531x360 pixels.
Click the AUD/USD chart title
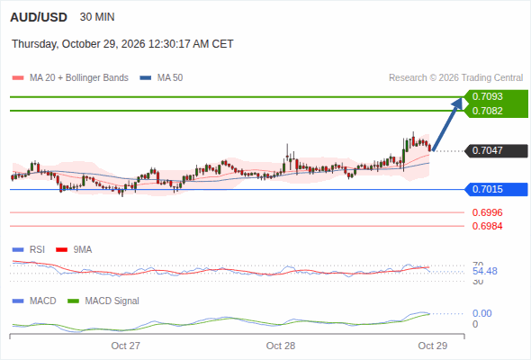[39, 17]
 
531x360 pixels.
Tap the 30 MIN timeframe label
[97, 17]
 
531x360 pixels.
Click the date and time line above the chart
[122, 44]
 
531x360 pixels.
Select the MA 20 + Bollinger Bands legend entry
[70, 78]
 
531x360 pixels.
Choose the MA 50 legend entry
[161, 78]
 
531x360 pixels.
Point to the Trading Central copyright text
[455, 78]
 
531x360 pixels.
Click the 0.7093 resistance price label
[487, 96]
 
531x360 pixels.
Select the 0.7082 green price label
[487, 111]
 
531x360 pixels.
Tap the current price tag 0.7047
[487, 150]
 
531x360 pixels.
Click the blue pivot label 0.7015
[487, 189]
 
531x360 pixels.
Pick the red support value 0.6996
[487, 212]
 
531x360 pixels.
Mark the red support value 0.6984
[487, 226]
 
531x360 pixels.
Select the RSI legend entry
[29, 249]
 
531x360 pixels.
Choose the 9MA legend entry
[74, 249]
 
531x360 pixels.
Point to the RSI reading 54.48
[485, 271]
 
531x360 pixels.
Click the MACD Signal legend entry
[103, 301]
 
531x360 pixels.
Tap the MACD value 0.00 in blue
[481, 313]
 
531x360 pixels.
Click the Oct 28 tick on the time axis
[281, 346]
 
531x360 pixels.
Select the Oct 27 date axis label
[126, 346]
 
